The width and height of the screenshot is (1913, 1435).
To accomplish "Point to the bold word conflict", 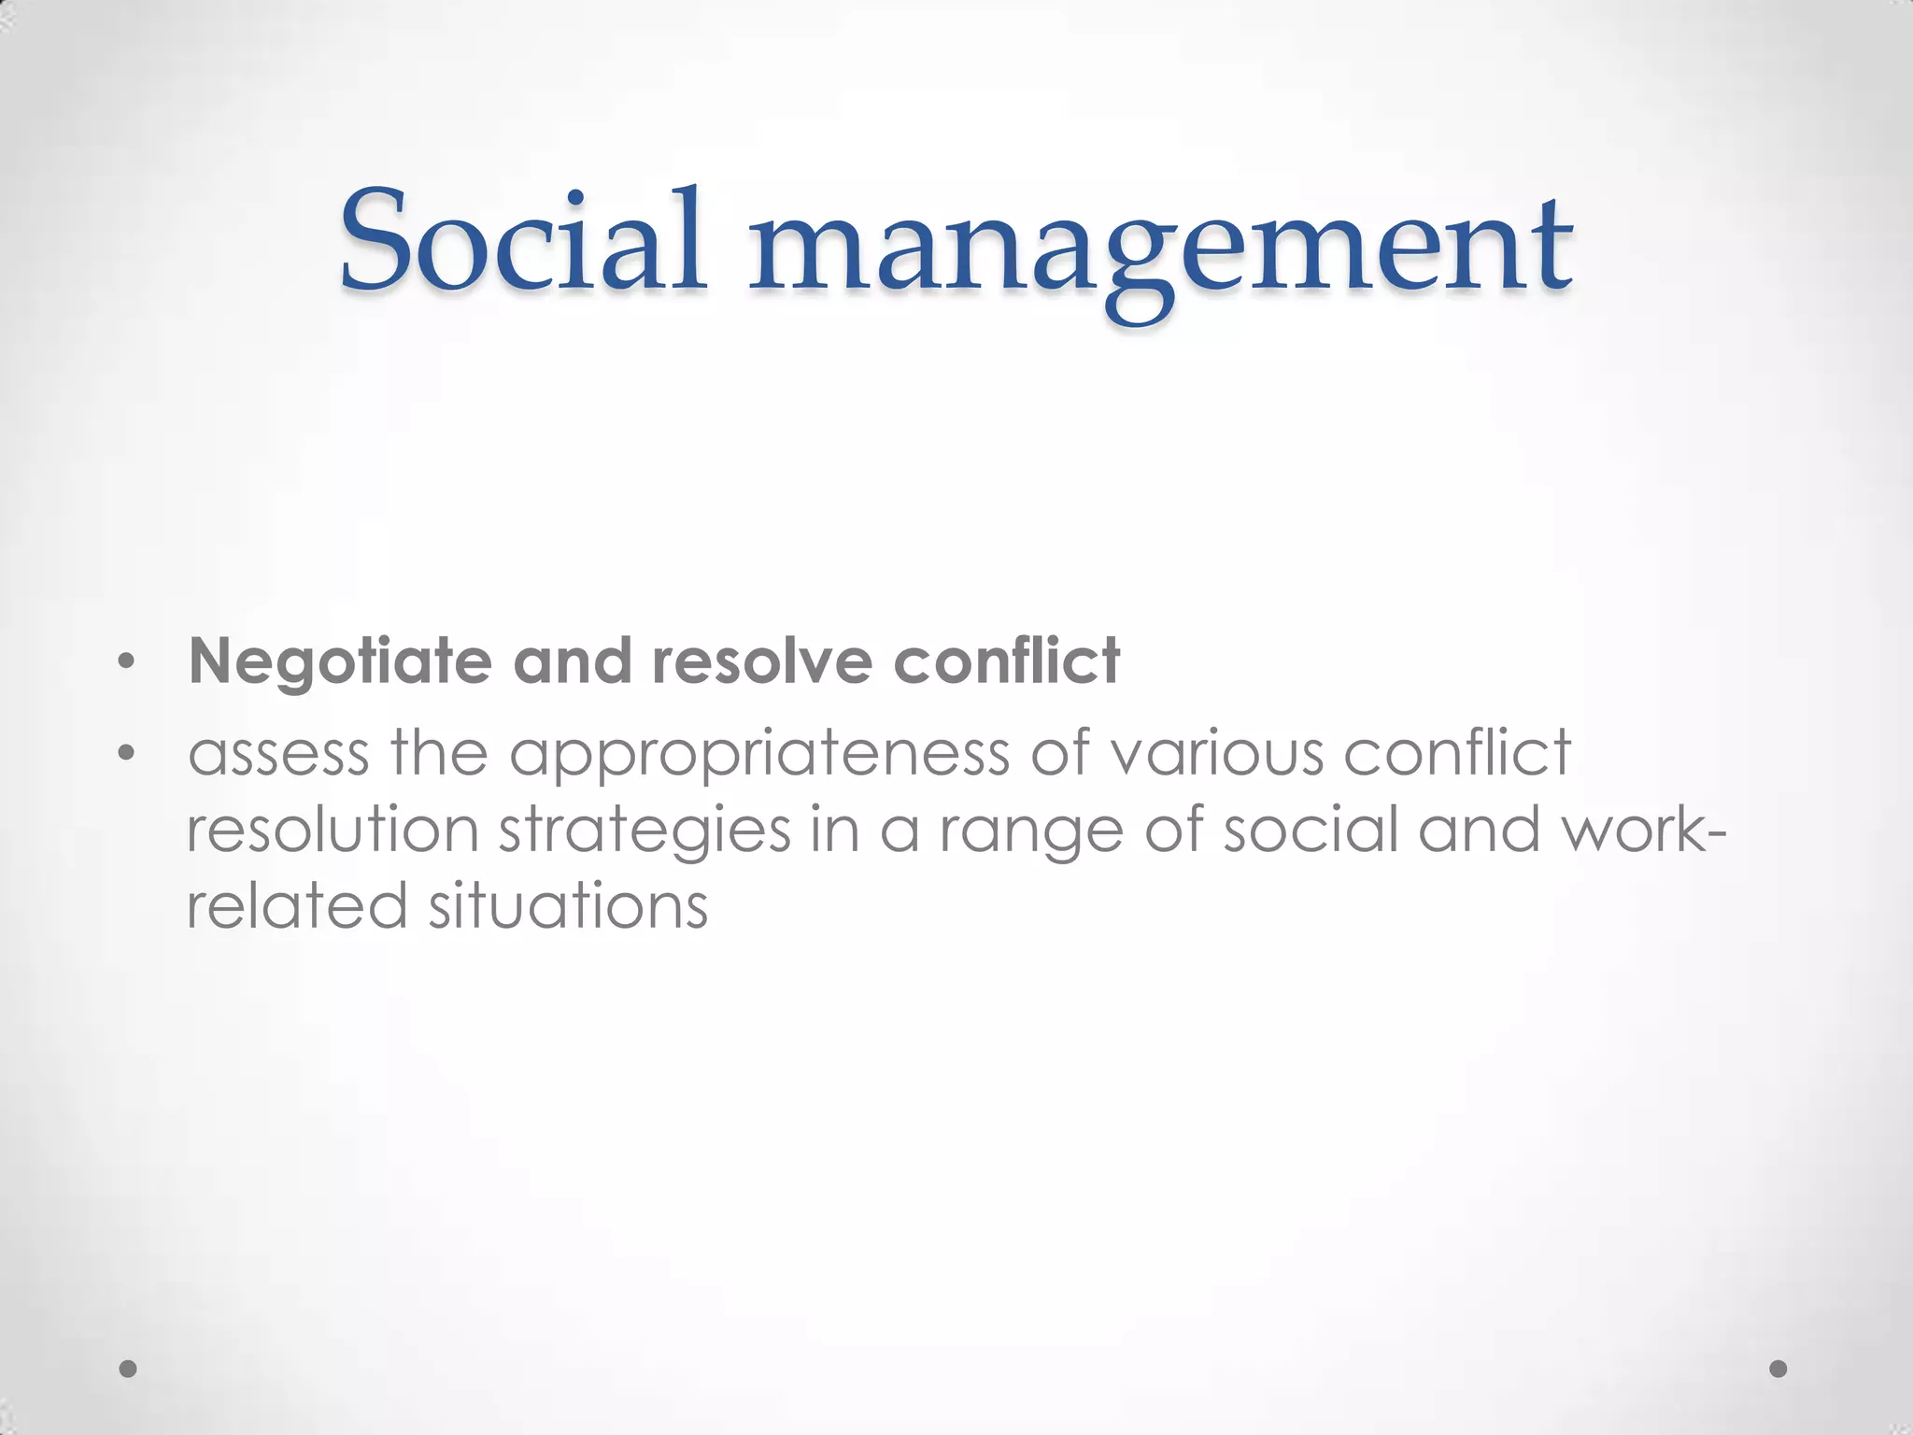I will tap(1006, 661).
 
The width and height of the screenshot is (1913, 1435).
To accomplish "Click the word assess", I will tap(278, 753).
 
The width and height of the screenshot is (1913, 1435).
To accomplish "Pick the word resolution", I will tap(333, 830).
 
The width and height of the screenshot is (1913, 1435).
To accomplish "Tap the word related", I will tap(297, 906).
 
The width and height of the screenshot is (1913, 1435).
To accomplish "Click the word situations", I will tap(568, 906).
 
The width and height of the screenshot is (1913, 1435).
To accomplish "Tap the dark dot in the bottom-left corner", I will tap(129, 1369).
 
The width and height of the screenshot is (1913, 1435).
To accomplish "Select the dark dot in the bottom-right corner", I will tap(1778, 1369).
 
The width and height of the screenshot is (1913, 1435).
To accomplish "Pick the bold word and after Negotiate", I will tap(572, 661).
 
